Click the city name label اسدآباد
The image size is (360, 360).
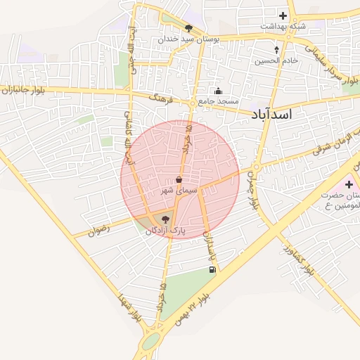[x=271, y=115]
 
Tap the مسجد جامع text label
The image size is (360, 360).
[x=218, y=101]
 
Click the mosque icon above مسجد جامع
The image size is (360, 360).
[x=218, y=91]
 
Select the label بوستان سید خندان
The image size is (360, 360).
[x=188, y=39]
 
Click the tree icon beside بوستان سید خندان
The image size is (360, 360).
[x=188, y=28]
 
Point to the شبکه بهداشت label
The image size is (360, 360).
[x=283, y=25]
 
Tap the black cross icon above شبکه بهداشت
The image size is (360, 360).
[x=283, y=15]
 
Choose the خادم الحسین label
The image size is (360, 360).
[x=277, y=60]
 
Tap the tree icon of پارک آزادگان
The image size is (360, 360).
[x=165, y=220]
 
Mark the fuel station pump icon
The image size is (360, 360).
[x=212, y=269]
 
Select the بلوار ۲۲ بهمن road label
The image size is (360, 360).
[x=204, y=299]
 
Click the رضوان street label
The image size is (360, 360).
[x=101, y=229]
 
